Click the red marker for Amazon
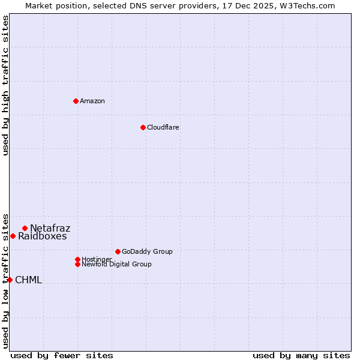tap(76, 101)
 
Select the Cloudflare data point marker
tap(143, 127)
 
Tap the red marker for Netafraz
tap(25, 228)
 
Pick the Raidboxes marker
tap(13, 236)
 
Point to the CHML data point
tap(10, 280)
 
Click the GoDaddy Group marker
tap(118, 251)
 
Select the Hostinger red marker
tap(77, 259)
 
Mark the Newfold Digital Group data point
tap(77, 264)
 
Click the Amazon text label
tap(92, 101)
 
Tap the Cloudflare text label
tap(163, 127)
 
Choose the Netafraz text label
tap(50, 228)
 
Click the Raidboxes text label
tap(43, 236)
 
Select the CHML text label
tap(29, 280)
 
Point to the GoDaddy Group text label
tap(147, 251)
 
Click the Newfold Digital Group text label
tap(116, 264)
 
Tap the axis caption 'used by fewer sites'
tap(62, 355)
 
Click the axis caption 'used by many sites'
tap(301, 355)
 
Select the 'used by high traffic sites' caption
tap(6, 85)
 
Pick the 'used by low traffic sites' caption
tap(6, 280)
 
